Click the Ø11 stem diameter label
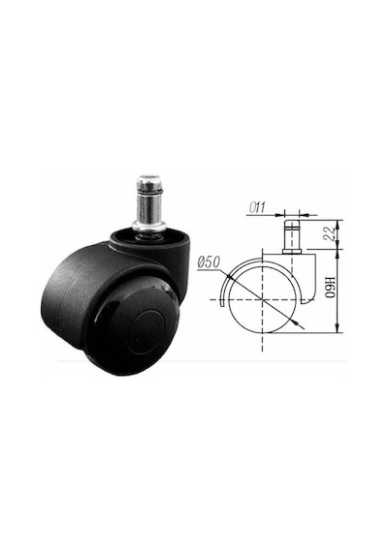(x=257, y=207)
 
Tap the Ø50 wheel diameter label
(x=209, y=262)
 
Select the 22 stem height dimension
(x=331, y=233)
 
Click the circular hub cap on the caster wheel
(x=145, y=331)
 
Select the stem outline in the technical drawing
(x=292, y=236)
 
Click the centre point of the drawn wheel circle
(x=263, y=299)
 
